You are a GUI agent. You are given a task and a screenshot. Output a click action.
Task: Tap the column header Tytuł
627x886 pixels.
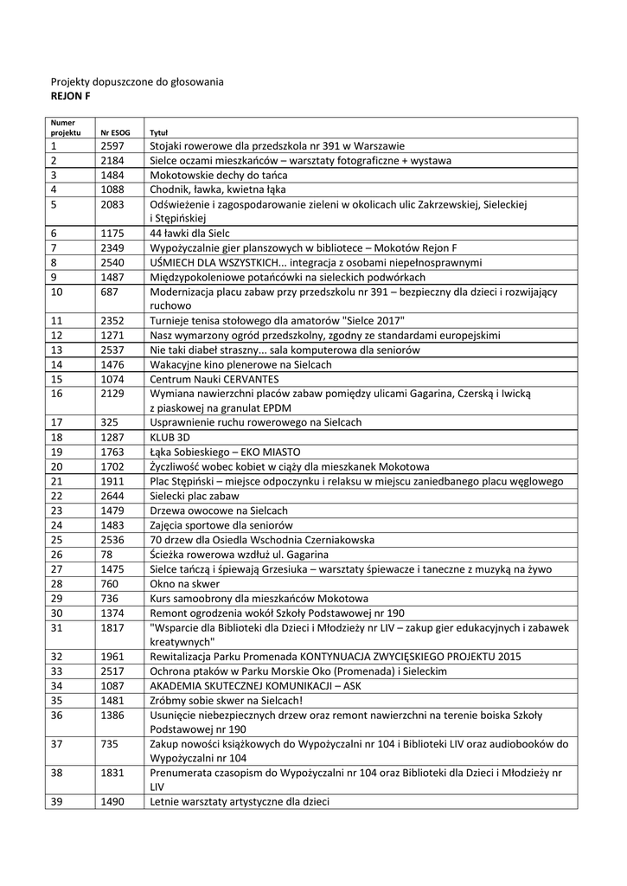click(x=158, y=133)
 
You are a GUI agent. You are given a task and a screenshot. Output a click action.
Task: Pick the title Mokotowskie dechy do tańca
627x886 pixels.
click(x=213, y=175)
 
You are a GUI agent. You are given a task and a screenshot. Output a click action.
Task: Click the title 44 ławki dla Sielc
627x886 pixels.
click(x=189, y=233)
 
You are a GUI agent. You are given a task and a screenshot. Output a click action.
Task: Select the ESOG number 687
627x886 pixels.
click(x=109, y=292)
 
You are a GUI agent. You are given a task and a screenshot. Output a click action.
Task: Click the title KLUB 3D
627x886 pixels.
click(x=170, y=437)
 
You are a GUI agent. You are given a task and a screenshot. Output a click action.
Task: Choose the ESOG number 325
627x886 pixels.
click(x=109, y=422)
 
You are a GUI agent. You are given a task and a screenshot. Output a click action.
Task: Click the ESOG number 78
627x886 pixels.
click(x=106, y=554)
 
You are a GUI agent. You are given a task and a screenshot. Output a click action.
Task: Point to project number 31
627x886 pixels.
click(x=57, y=627)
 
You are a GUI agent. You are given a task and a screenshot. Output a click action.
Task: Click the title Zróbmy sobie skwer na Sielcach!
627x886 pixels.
click(x=226, y=700)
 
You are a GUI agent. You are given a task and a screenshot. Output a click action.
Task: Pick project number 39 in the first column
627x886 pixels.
click(x=57, y=802)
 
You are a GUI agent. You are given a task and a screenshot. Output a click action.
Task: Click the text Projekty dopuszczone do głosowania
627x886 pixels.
click(x=137, y=81)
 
